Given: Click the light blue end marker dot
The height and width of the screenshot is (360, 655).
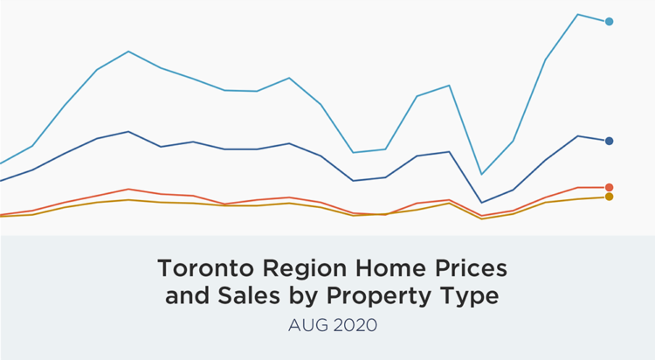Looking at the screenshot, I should [609, 22].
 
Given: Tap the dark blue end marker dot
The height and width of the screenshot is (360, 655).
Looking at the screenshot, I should [609, 141].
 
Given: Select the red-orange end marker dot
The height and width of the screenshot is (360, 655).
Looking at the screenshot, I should [609, 187].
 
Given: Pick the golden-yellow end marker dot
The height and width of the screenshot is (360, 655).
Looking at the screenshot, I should [609, 197].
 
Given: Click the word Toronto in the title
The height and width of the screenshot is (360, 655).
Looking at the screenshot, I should [200, 267].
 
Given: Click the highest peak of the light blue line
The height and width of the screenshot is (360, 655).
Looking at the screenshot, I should [577, 15].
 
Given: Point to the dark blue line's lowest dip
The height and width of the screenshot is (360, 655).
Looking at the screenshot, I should [481, 203].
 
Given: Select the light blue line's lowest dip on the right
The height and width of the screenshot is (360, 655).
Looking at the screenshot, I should [481, 174].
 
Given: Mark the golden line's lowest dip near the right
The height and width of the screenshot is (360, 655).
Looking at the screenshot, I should [481, 218].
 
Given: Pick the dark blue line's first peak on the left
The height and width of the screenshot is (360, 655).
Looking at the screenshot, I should [128, 132].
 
